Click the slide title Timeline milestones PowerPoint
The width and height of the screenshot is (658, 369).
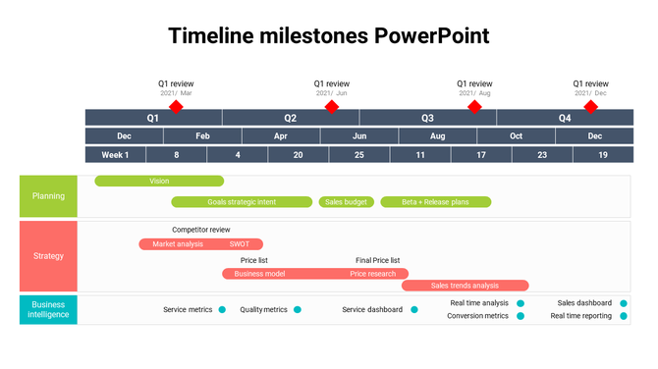[328, 36]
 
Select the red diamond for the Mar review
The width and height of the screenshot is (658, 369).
[176, 106]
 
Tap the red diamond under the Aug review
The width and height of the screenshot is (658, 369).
[474, 106]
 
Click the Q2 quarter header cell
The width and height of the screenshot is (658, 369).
[291, 118]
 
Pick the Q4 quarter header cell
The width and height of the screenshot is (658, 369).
[565, 118]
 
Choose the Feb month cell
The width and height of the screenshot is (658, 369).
[202, 136]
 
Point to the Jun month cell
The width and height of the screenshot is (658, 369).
[359, 136]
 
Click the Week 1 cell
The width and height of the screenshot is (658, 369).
[115, 155]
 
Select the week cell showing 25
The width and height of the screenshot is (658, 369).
[359, 155]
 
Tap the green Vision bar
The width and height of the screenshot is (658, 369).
[159, 181]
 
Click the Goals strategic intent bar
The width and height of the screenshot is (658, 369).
[242, 202]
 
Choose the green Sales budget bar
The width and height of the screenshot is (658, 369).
[346, 202]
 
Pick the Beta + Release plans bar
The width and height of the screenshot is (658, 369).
[435, 202]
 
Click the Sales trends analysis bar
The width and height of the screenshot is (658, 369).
[465, 286]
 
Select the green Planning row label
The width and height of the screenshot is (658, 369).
[48, 196]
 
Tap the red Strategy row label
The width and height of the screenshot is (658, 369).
[48, 256]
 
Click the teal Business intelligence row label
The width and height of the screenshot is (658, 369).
[48, 310]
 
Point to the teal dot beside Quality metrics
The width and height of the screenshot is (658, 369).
[298, 310]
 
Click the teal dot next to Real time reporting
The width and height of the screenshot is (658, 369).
[623, 316]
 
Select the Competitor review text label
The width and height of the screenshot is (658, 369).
[201, 230]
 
